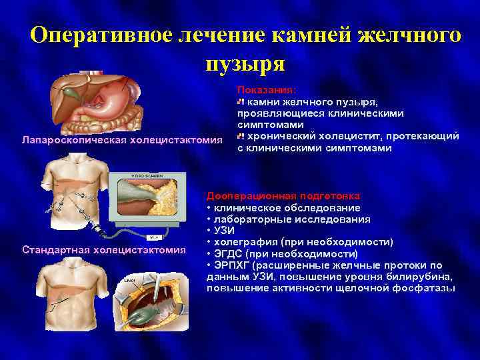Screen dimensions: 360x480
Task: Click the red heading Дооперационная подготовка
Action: [284, 197]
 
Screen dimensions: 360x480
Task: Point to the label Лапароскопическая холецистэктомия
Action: [121, 141]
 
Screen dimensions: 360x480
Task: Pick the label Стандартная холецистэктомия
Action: [103, 250]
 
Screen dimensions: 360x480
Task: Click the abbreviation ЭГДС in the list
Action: [228, 254]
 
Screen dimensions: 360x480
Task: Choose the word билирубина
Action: [422, 277]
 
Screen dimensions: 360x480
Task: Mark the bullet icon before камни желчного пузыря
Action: [241, 102]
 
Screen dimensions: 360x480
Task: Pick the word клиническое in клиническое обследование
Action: [244, 207]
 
